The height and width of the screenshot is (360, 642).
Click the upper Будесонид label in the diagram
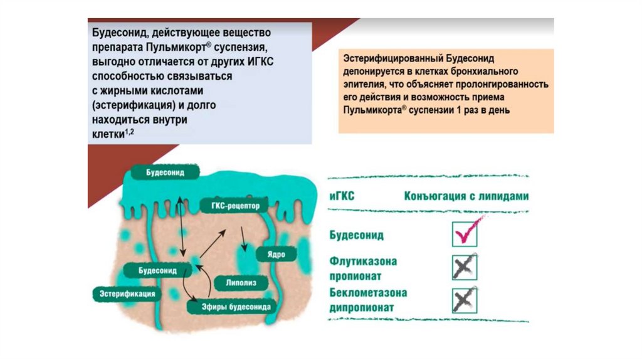[x=165, y=172]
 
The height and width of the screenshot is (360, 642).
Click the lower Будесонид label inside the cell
[x=157, y=270]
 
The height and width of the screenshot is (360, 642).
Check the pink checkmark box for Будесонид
[x=465, y=235]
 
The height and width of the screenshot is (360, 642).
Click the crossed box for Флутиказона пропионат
[x=465, y=267]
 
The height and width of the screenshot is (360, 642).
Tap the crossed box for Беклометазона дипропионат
[x=465, y=299]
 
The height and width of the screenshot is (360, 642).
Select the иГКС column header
[x=342, y=196]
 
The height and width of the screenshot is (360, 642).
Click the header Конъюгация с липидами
[x=466, y=196]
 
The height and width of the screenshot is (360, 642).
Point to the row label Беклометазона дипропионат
[x=368, y=300]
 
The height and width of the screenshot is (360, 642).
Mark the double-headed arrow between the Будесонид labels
[x=181, y=226]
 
